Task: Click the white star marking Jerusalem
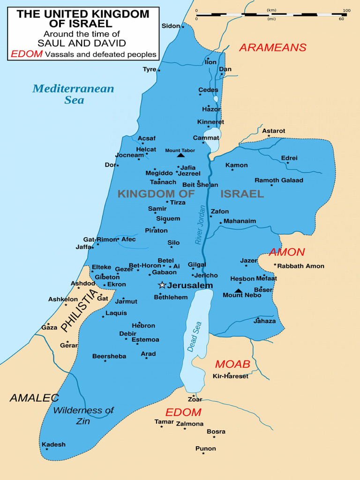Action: pyautogui.click(x=162, y=285)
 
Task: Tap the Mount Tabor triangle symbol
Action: pyautogui.click(x=181, y=155)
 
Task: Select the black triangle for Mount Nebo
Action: pyautogui.click(x=239, y=291)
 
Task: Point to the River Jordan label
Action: pyautogui.click(x=200, y=225)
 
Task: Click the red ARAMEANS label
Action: pyautogui.click(x=272, y=47)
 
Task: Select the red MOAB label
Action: pyautogui.click(x=232, y=364)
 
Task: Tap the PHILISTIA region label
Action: pyautogui.click(x=80, y=310)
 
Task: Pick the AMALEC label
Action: pyautogui.click(x=34, y=398)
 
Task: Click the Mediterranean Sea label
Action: pyautogui.click(x=73, y=94)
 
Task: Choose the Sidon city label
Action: pyautogui.click(x=171, y=26)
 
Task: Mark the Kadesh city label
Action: pyautogui.click(x=53, y=444)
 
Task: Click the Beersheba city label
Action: pyautogui.click(x=109, y=356)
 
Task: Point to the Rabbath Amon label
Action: pyautogui.click(x=301, y=266)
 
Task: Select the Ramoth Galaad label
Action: pyautogui.click(x=279, y=180)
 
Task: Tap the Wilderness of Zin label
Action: pyautogui.click(x=83, y=415)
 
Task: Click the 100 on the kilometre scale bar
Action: pyautogui.click(x=346, y=10)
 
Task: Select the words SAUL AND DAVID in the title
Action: pyautogui.click(x=82, y=44)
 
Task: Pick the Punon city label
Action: pyautogui.click(x=206, y=449)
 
